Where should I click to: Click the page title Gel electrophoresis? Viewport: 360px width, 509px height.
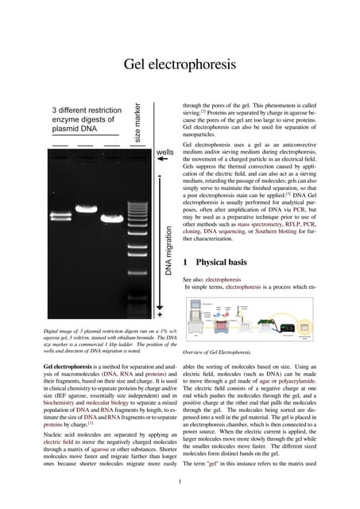[180, 64]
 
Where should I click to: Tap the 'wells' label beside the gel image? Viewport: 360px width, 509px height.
[165, 153]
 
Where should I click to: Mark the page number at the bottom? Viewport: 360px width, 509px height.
[180, 480]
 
